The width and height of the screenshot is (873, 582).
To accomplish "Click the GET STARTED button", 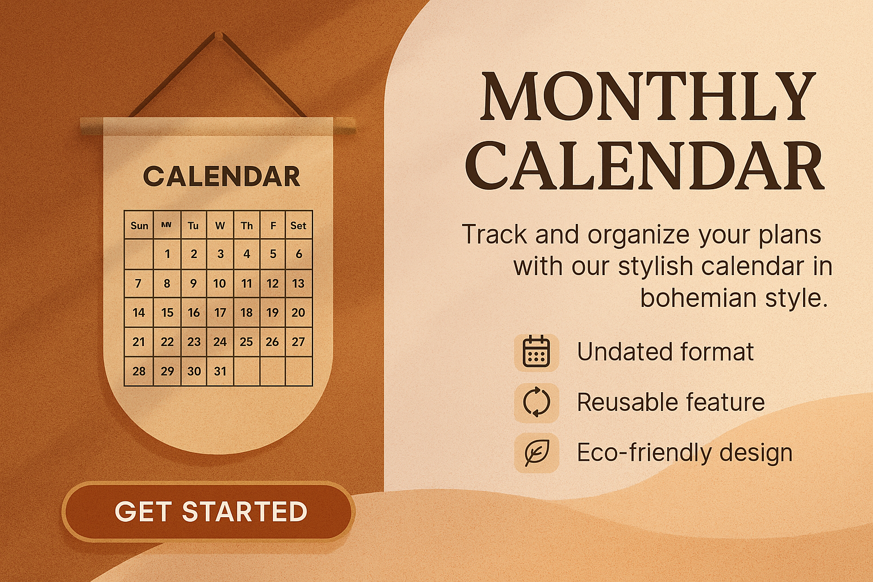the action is tap(209, 511).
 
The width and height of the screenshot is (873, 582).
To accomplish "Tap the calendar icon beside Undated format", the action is tap(537, 352).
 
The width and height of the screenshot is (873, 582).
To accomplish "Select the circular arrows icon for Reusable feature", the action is tap(537, 402).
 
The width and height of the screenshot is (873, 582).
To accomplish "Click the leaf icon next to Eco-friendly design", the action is tap(537, 452).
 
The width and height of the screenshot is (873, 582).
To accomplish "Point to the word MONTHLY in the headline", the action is tap(647, 96).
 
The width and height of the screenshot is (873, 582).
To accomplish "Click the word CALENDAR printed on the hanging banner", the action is tap(222, 176).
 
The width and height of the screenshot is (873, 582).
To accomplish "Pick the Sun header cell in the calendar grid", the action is tap(139, 225).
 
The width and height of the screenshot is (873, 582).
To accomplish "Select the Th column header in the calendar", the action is tap(247, 225).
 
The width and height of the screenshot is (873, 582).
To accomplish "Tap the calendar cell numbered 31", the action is tap(220, 371).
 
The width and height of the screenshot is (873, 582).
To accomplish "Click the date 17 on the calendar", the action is tap(220, 313).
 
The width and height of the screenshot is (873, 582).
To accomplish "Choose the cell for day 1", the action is tap(167, 254).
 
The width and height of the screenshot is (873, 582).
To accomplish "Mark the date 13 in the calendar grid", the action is tap(298, 284).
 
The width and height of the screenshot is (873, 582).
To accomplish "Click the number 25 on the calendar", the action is tap(246, 342).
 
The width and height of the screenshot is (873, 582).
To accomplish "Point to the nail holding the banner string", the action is tap(219, 35).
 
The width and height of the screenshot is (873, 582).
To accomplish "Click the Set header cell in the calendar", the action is tap(298, 225).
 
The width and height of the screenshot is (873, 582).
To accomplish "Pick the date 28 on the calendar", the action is tap(139, 371).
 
